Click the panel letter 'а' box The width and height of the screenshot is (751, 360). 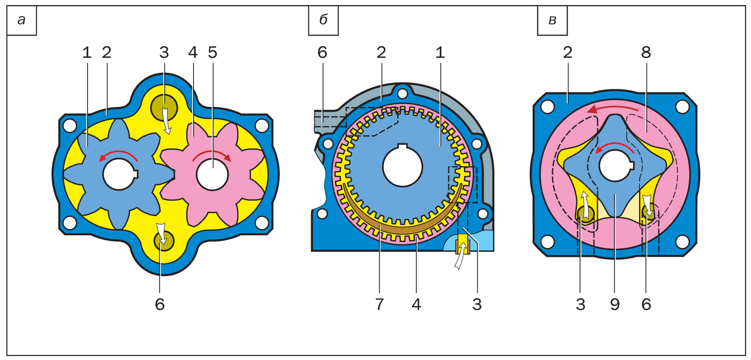click(x=21, y=20)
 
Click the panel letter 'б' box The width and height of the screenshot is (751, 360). click(x=323, y=20)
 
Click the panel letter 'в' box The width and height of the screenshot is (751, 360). click(x=552, y=20)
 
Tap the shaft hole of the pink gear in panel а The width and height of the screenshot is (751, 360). click(x=212, y=175)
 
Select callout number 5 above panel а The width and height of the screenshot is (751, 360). click(x=212, y=53)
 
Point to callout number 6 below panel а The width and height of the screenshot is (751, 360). click(x=160, y=304)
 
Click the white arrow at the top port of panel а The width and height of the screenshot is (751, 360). click(x=166, y=120)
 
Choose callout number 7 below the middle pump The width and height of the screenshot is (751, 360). click(x=379, y=304)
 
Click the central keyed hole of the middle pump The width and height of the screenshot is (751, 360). click(x=402, y=166)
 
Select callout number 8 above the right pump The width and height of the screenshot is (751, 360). click(x=646, y=53)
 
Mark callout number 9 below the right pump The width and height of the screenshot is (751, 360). click(x=615, y=304)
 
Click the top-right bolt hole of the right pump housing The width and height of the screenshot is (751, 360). click(x=682, y=106)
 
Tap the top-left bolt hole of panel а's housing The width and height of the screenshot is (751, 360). click(x=70, y=125)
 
